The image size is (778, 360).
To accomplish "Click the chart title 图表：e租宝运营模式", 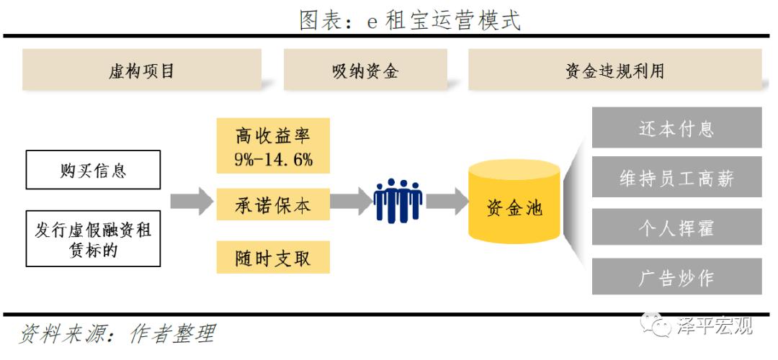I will click(408, 19).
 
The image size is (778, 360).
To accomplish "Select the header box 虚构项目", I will click(141, 71).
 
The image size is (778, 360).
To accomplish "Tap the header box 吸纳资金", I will click(365, 71).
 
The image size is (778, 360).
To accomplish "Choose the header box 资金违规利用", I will click(614, 71).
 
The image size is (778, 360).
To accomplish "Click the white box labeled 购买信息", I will click(93, 171).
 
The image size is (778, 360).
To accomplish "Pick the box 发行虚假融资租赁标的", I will click(93, 239).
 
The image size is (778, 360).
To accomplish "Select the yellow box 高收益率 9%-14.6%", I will click(273, 146).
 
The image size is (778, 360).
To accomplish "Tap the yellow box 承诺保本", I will click(273, 204).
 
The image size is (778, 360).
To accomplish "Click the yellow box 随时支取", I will click(273, 257).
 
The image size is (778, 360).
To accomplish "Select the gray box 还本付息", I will click(676, 128).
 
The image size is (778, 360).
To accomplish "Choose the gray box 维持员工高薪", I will click(676, 177).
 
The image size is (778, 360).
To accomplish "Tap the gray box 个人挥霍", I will click(676, 227).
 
